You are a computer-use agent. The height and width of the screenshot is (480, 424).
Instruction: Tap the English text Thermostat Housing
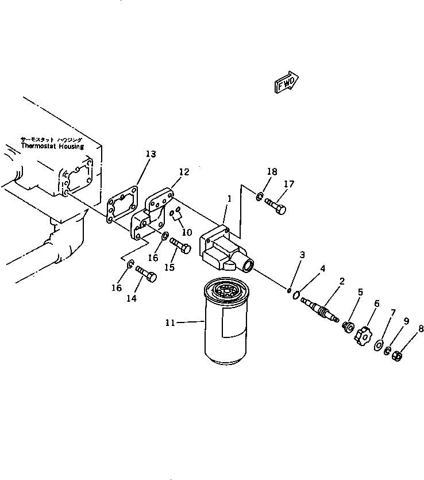pyautogui.click(x=52, y=147)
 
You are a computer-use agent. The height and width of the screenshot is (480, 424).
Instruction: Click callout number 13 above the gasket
pyautogui.click(x=151, y=154)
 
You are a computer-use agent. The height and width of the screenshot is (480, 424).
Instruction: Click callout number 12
pyautogui.click(x=184, y=172)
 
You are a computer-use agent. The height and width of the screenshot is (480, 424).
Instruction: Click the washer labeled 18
pyautogui.click(x=260, y=198)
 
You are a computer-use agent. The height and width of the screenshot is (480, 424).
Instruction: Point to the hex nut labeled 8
pyautogui.click(x=396, y=357)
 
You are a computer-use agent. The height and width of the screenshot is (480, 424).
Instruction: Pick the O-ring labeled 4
pyautogui.click(x=296, y=295)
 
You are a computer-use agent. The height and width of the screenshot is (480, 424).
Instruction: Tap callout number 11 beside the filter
pyautogui.click(x=169, y=323)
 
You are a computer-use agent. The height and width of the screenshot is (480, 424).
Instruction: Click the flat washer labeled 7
pyautogui.click(x=379, y=345)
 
